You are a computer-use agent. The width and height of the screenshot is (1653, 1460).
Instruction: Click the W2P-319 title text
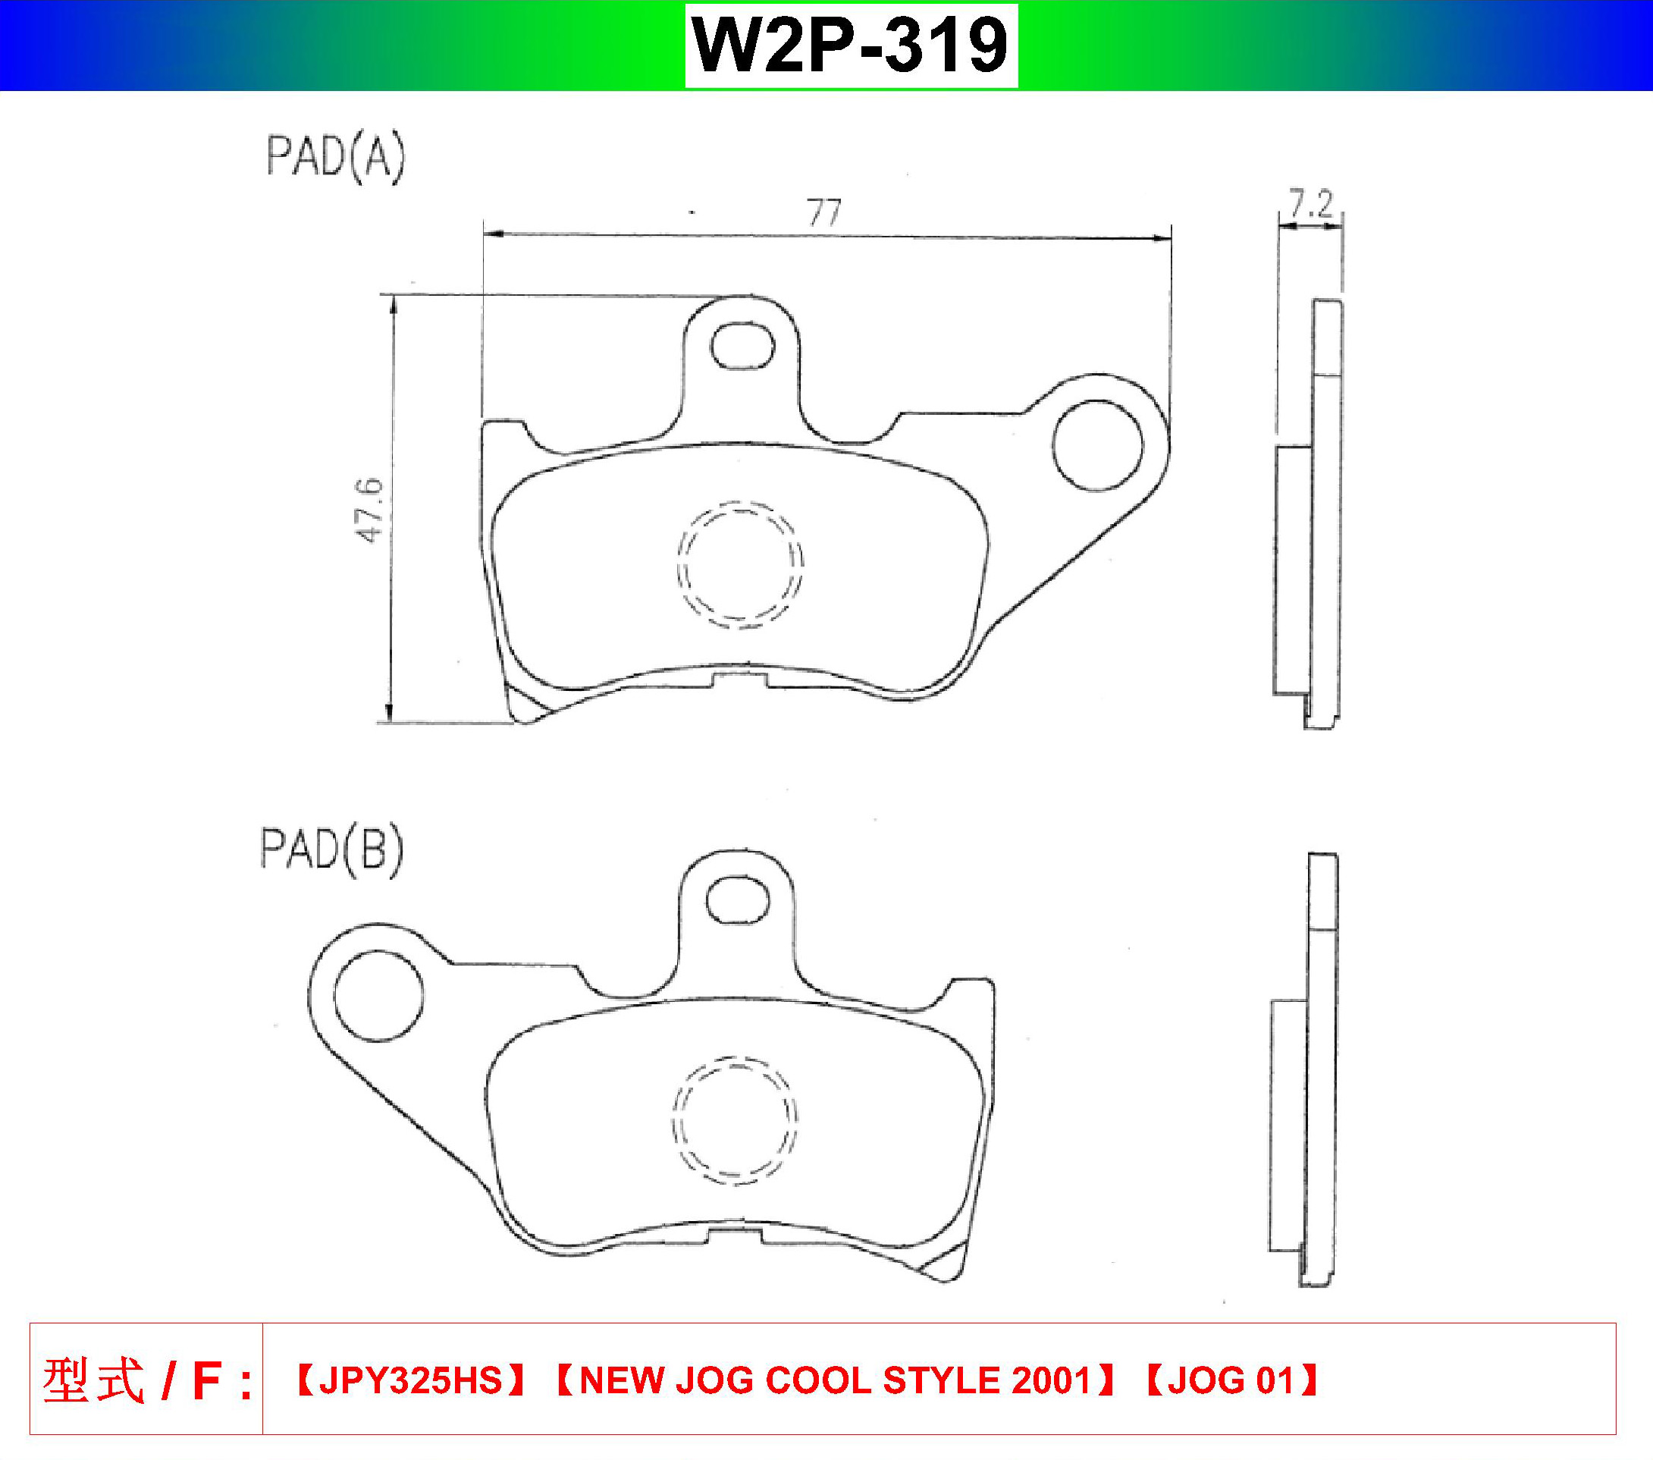point(851,46)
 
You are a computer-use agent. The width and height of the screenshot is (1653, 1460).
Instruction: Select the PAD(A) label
point(336,157)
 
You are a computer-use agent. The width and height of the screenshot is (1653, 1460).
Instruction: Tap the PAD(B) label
point(331,850)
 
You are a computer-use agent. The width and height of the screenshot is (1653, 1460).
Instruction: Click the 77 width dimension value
point(824,212)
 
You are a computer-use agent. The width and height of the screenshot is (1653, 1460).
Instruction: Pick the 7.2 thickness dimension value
point(1311,204)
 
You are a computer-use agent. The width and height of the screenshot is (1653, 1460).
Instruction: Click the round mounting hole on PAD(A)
point(1098,446)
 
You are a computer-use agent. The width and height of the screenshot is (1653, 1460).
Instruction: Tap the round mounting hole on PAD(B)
point(378,995)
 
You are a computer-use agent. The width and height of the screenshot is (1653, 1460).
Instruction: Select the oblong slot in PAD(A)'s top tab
point(742,345)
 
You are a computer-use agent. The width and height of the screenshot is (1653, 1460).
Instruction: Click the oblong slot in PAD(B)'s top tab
point(739,901)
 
